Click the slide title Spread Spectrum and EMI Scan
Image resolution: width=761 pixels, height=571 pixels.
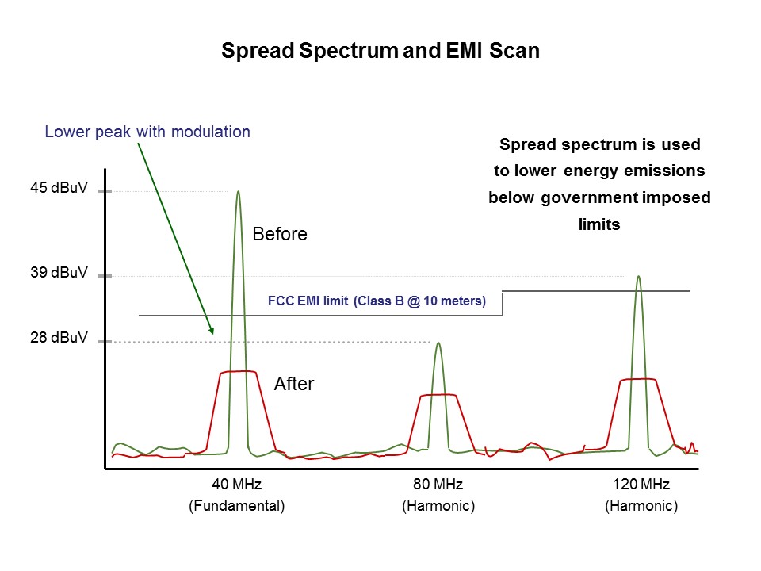tap(380, 52)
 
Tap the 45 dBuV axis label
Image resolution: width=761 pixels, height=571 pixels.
tap(59, 190)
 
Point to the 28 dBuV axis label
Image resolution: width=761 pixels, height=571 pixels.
tap(59, 339)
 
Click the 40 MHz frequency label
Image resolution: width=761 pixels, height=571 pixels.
tap(236, 485)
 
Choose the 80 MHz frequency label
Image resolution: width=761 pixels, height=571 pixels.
tap(438, 485)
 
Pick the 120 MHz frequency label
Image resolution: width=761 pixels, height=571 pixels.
tap(641, 485)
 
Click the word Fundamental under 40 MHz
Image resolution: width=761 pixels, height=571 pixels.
tap(236, 506)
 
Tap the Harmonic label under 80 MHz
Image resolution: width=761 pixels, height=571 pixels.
tap(438, 506)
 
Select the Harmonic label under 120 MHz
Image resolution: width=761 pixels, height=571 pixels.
tap(641, 506)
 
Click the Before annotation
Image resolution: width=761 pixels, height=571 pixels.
tap(279, 235)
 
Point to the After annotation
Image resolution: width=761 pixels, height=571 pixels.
tap(294, 385)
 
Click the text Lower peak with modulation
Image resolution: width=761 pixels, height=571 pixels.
tap(147, 132)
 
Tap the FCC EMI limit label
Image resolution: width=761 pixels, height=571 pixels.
tap(377, 301)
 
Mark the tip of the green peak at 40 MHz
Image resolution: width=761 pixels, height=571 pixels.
tap(238, 192)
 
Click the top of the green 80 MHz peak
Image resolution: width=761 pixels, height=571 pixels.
tap(438, 343)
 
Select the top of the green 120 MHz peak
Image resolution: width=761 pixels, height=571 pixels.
tap(637, 277)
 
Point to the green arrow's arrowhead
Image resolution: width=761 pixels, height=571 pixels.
tap(211, 330)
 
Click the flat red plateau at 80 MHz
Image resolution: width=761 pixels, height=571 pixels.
tap(438, 395)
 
